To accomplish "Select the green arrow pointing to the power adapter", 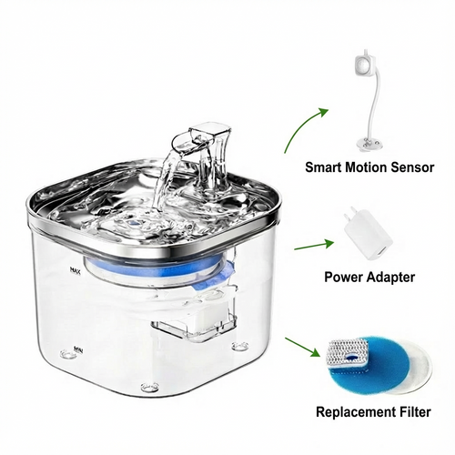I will [310, 244].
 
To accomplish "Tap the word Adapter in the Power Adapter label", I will [391, 277].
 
